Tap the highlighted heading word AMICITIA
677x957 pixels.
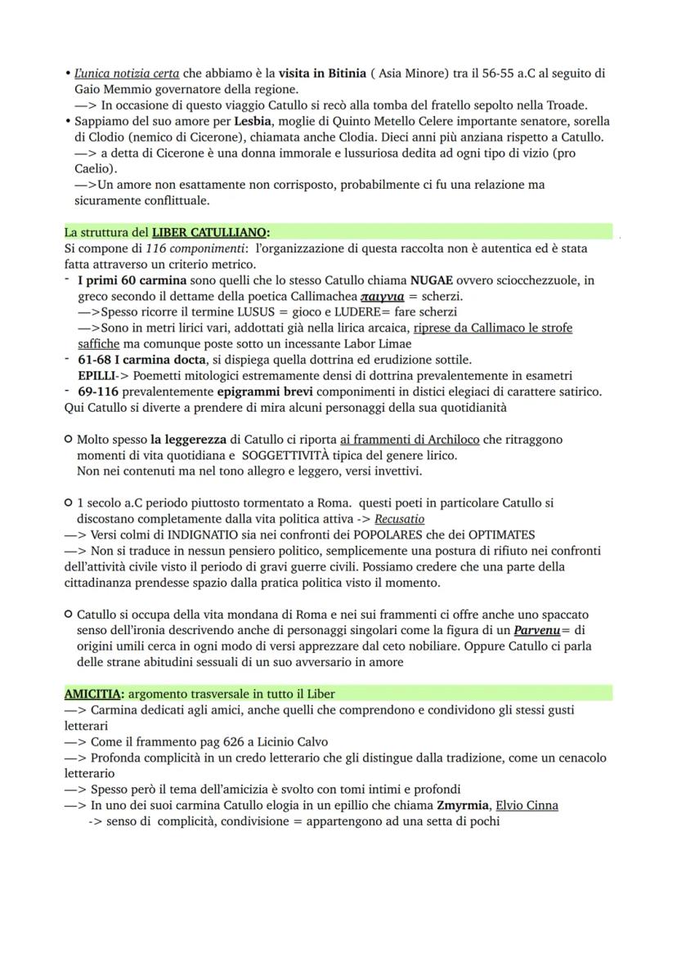[x=92, y=694]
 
